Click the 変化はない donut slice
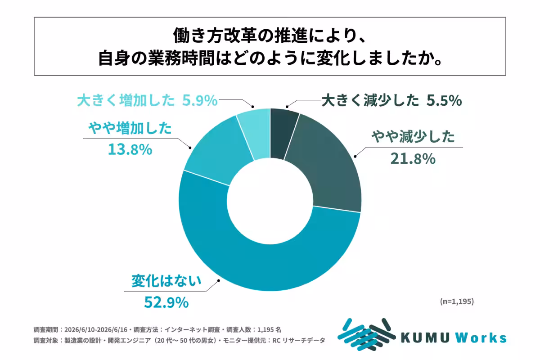pos(270,268)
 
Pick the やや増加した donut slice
pos(217,154)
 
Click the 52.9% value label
pos(166,302)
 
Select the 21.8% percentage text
pos(413,159)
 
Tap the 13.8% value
pos(130,149)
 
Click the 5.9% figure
pos(200,100)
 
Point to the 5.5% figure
pos(444,100)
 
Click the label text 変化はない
pos(166,281)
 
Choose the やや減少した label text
pos(413,136)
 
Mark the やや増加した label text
pos(130,128)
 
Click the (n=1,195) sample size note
pos(457,301)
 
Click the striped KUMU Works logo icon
pos(366,335)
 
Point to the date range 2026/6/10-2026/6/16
pos(96,329)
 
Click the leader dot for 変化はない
pos(219,281)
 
